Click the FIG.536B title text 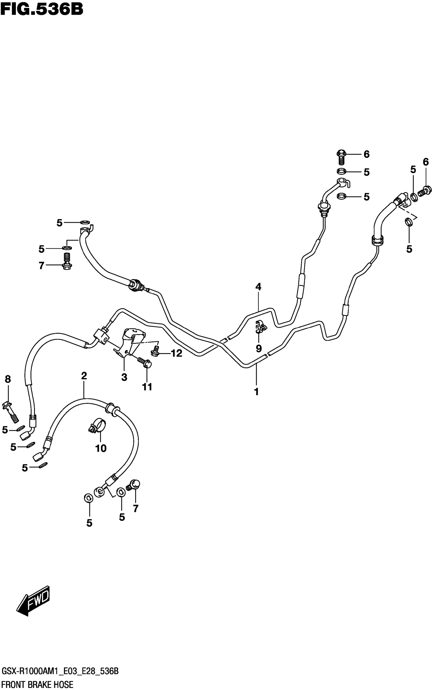click(42, 9)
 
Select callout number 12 click(176, 353)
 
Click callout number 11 click(147, 387)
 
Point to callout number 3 click(124, 377)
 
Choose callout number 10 click(101, 448)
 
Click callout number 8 click(8, 379)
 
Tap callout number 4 click(258, 287)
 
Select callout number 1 click(256, 392)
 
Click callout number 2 click(84, 376)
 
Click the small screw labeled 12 click(156, 351)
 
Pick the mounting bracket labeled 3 click(130, 342)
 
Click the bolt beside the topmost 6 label click(342, 157)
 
